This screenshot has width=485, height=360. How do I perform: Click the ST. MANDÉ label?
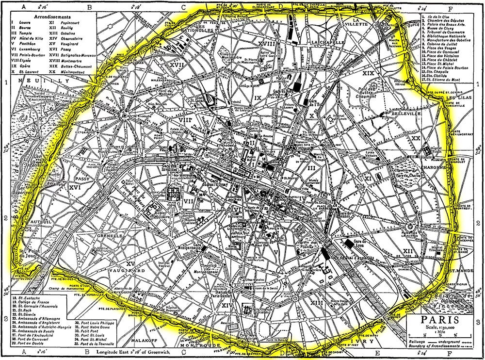(x=460, y=271)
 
